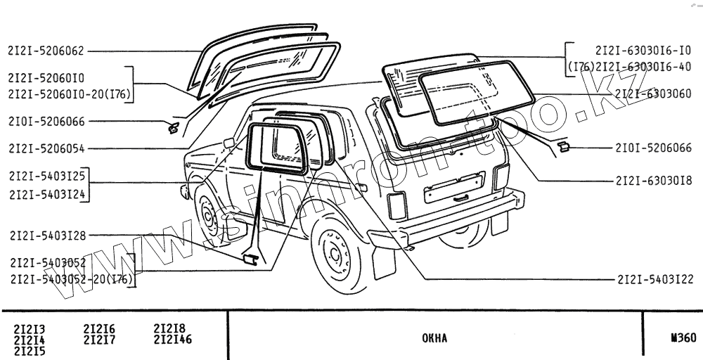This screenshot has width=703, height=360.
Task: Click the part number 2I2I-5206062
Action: point(46,51)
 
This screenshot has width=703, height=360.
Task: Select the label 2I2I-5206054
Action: point(46,148)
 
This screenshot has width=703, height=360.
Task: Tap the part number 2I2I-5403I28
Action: point(46,236)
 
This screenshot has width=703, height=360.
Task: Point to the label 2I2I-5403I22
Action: point(655,279)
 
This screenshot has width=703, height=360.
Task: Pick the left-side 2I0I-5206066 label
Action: point(46,122)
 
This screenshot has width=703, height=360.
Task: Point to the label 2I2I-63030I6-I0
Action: point(643,51)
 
